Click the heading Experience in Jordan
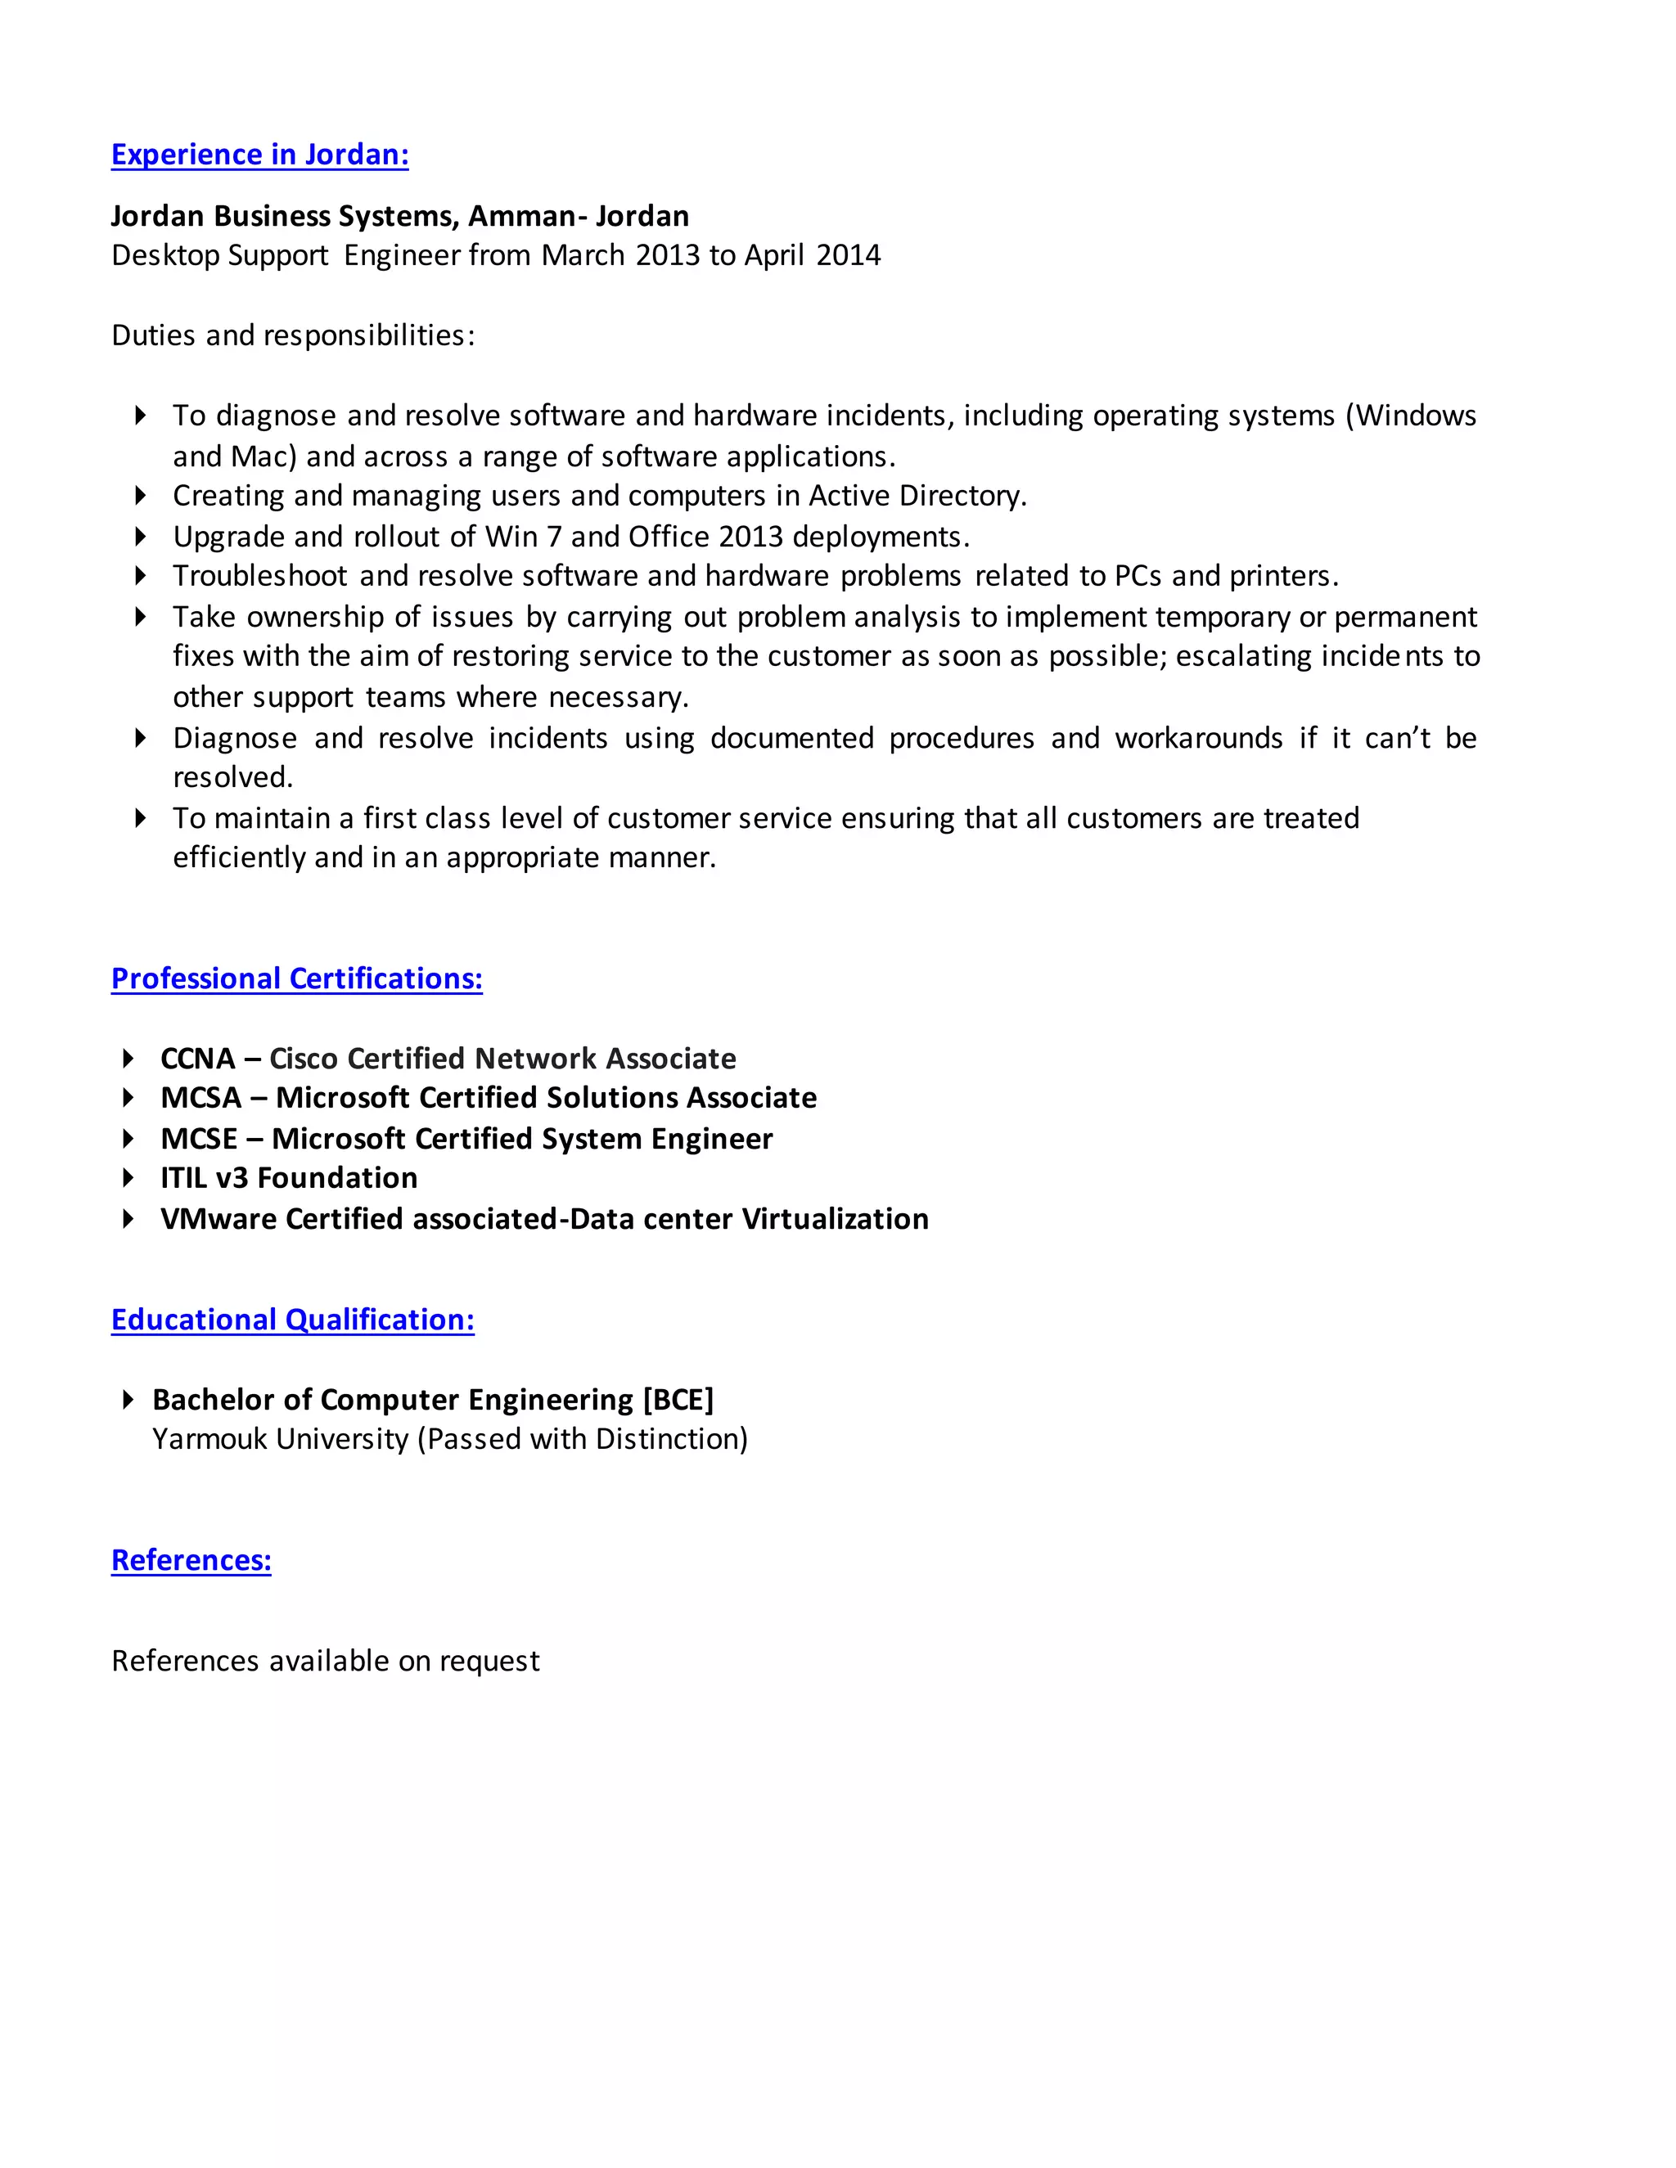pos(259,155)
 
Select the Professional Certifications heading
pos(296,978)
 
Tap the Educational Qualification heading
pos(292,1320)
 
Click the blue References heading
pos(191,1559)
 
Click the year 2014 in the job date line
pos(848,256)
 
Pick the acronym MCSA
pos(200,1098)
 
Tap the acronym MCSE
pos(199,1139)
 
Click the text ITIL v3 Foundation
pos(289,1178)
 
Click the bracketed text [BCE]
pos(678,1400)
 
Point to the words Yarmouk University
pos(280,1439)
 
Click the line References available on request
pos(325,1661)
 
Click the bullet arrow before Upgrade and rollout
pos(140,536)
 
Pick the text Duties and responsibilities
pos(292,335)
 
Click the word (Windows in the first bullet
pos(1410,416)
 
